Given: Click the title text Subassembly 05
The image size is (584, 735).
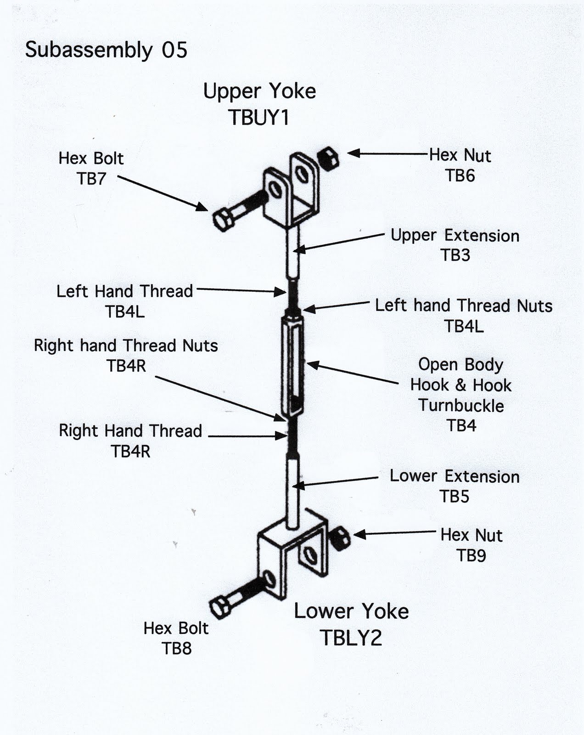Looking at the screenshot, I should point(106,50).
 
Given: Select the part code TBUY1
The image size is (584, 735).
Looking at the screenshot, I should point(259,117).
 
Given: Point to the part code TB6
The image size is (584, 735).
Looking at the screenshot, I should point(460,175).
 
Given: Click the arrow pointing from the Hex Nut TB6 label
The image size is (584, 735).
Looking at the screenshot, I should point(388,153).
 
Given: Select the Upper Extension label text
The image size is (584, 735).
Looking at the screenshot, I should point(455,235).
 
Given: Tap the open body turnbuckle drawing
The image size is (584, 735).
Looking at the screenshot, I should point(292,365).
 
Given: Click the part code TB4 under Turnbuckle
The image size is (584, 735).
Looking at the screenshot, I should point(461,425).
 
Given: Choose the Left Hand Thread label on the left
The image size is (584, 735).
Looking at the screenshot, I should point(124,291).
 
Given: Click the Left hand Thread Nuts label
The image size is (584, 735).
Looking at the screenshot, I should point(463,305).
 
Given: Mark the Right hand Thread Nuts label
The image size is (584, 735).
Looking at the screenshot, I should point(126,345).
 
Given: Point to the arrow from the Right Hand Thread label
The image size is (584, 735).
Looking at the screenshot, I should point(248,435).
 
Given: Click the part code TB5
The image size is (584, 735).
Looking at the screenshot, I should point(454,497).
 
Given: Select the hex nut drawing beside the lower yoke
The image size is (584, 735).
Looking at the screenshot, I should point(340,539).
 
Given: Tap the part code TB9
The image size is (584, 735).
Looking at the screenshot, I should point(471,555).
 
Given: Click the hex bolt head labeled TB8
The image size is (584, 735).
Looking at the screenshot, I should point(220,607).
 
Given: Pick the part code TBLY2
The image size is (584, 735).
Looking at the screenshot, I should point(351,638).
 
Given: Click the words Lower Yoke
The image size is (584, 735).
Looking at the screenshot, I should point(351,611).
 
